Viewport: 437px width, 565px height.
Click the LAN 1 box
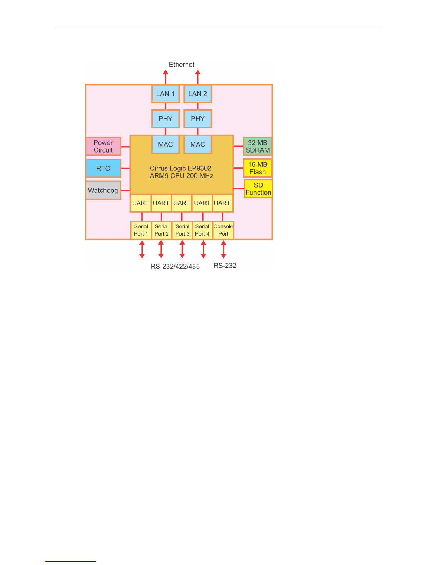(x=165, y=94)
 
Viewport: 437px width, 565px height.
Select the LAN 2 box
(x=198, y=94)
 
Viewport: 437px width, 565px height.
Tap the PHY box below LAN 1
(x=165, y=119)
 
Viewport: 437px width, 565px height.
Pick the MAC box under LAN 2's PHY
(x=198, y=144)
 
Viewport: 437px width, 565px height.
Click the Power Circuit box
(x=103, y=147)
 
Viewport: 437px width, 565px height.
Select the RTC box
(x=103, y=168)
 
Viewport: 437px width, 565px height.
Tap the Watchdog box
(x=103, y=190)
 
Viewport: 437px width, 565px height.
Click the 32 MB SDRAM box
(x=258, y=147)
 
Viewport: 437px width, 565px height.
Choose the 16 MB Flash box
(x=258, y=168)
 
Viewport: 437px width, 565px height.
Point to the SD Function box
(x=258, y=189)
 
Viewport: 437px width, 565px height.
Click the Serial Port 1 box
(x=141, y=230)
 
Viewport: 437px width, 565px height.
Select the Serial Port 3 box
(x=182, y=230)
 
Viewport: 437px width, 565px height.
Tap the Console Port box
(x=223, y=230)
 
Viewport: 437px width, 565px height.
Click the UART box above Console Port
(x=222, y=203)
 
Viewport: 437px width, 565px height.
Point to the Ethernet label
(x=182, y=65)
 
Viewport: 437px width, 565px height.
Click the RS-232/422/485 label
(x=175, y=267)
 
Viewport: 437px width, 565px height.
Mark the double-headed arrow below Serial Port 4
(x=203, y=250)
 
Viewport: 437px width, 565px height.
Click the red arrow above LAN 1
(x=166, y=77)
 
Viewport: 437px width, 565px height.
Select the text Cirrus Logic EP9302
(x=181, y=168)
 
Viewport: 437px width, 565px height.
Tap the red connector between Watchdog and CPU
(x=126, y=191)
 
